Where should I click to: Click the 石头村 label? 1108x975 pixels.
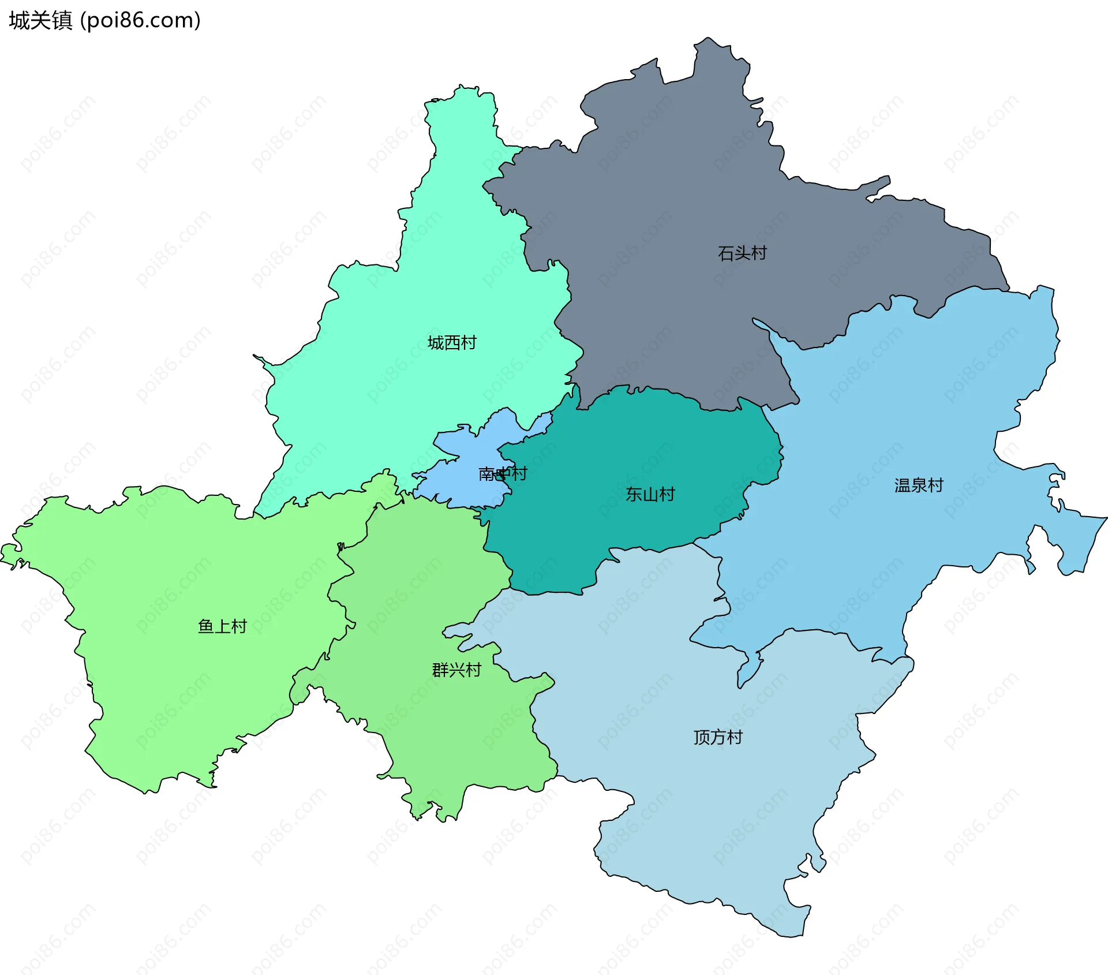tap(742, 253)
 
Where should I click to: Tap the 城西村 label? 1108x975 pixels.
tap(452, 343)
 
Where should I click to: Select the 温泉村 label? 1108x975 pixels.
tap(919, 485)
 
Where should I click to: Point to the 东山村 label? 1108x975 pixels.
tap(650, 494)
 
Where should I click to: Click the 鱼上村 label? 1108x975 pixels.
tap(222, 626)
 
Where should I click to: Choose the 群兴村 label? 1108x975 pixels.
tap(456, 670)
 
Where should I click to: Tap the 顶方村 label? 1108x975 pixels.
tap(718, 737)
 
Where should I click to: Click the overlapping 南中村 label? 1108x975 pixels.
tap(503, 474)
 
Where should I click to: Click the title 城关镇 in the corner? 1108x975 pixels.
tap(40, 20)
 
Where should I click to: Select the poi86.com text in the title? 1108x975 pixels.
tap(140, 20)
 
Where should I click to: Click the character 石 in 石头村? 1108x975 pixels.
tap(726, 253)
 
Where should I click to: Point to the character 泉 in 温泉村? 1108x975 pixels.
tap(919, 485)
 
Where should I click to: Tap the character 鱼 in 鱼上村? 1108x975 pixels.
tap(206, 626)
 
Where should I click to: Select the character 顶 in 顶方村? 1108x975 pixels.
tap(702, 737)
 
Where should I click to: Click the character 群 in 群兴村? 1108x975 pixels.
tap(440, 670)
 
